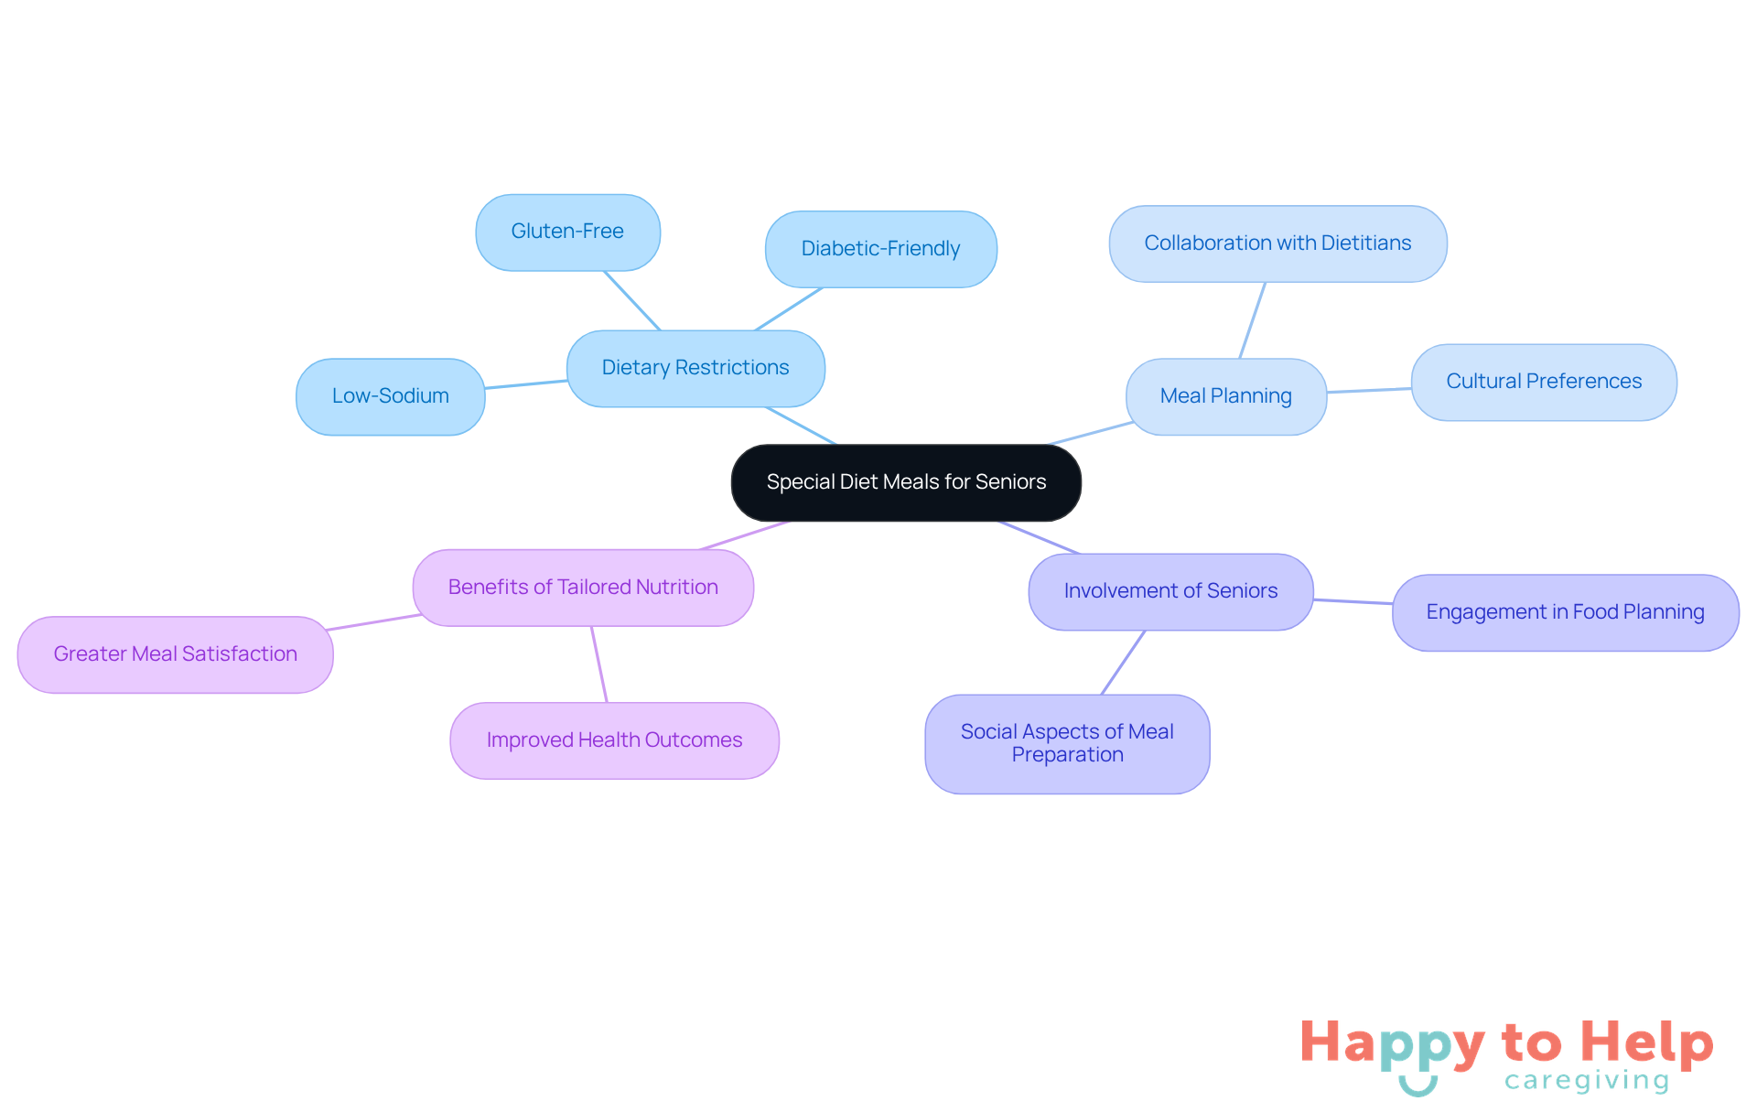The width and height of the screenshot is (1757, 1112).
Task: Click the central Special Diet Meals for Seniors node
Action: (x=906, y=482)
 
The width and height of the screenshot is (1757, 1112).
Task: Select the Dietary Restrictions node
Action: (x=695, y=368)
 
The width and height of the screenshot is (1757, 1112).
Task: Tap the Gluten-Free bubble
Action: (x=567, y=232)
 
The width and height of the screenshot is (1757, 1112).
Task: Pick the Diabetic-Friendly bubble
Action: (x=880, y=249)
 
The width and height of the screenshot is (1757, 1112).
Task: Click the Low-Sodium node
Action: (x=391, y=396)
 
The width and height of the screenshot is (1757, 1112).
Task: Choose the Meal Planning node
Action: (x=1226, y=396)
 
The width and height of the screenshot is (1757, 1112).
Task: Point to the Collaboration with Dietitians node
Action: (x=1277, y=243)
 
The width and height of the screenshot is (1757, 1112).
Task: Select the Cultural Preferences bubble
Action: (x=1544, y=382)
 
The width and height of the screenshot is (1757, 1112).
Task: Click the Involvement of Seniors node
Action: (x=1170, y=591)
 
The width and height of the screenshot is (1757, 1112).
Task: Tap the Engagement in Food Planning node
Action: (x=1565, y=612)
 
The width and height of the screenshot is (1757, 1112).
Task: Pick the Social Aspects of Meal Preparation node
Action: (x=1067, y=743)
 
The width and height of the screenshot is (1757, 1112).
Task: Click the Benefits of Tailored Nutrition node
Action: (x=583, y=588)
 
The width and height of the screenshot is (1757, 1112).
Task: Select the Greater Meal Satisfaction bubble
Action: (x=175, y=654)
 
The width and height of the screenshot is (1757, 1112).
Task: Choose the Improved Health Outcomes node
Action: (x=614, y=740)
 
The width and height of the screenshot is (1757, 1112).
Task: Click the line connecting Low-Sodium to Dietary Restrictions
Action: (x=526, y=384)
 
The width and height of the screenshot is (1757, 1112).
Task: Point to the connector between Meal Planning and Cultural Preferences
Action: (x=1369, y=391)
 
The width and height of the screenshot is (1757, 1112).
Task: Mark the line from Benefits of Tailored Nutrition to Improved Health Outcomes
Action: (x=599, y=664)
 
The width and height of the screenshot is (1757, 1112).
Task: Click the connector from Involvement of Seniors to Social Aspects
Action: (x=1123, y=663)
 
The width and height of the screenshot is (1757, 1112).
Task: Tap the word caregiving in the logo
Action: (x=1587, y=1081)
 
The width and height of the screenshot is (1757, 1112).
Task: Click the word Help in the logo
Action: (x=1646, y=1042)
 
